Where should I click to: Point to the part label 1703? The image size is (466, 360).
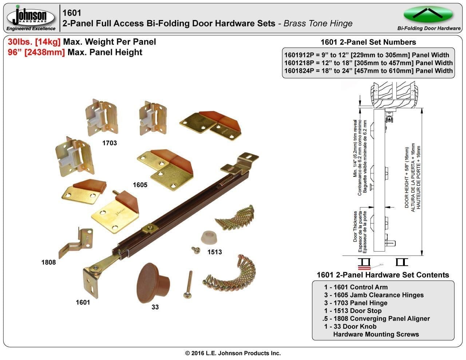click(109, 143)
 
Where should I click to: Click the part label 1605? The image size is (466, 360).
click(140, 185)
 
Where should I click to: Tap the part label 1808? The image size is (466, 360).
click(48, 262)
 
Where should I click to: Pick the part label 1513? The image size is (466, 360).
click(214, 252)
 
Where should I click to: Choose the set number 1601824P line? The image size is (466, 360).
click(368, 71)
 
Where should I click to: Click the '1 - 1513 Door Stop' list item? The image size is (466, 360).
click(353, 310)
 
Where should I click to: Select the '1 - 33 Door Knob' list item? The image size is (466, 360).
click(350, 326)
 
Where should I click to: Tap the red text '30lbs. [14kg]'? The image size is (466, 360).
click(34, 42)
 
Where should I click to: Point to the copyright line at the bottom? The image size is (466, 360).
click(233, 353)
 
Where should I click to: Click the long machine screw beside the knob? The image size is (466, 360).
click(188, 285)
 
